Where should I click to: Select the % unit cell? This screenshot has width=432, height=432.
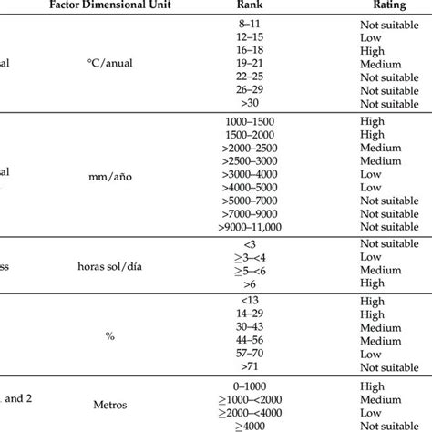pyautogui.click(x=110, y=336)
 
